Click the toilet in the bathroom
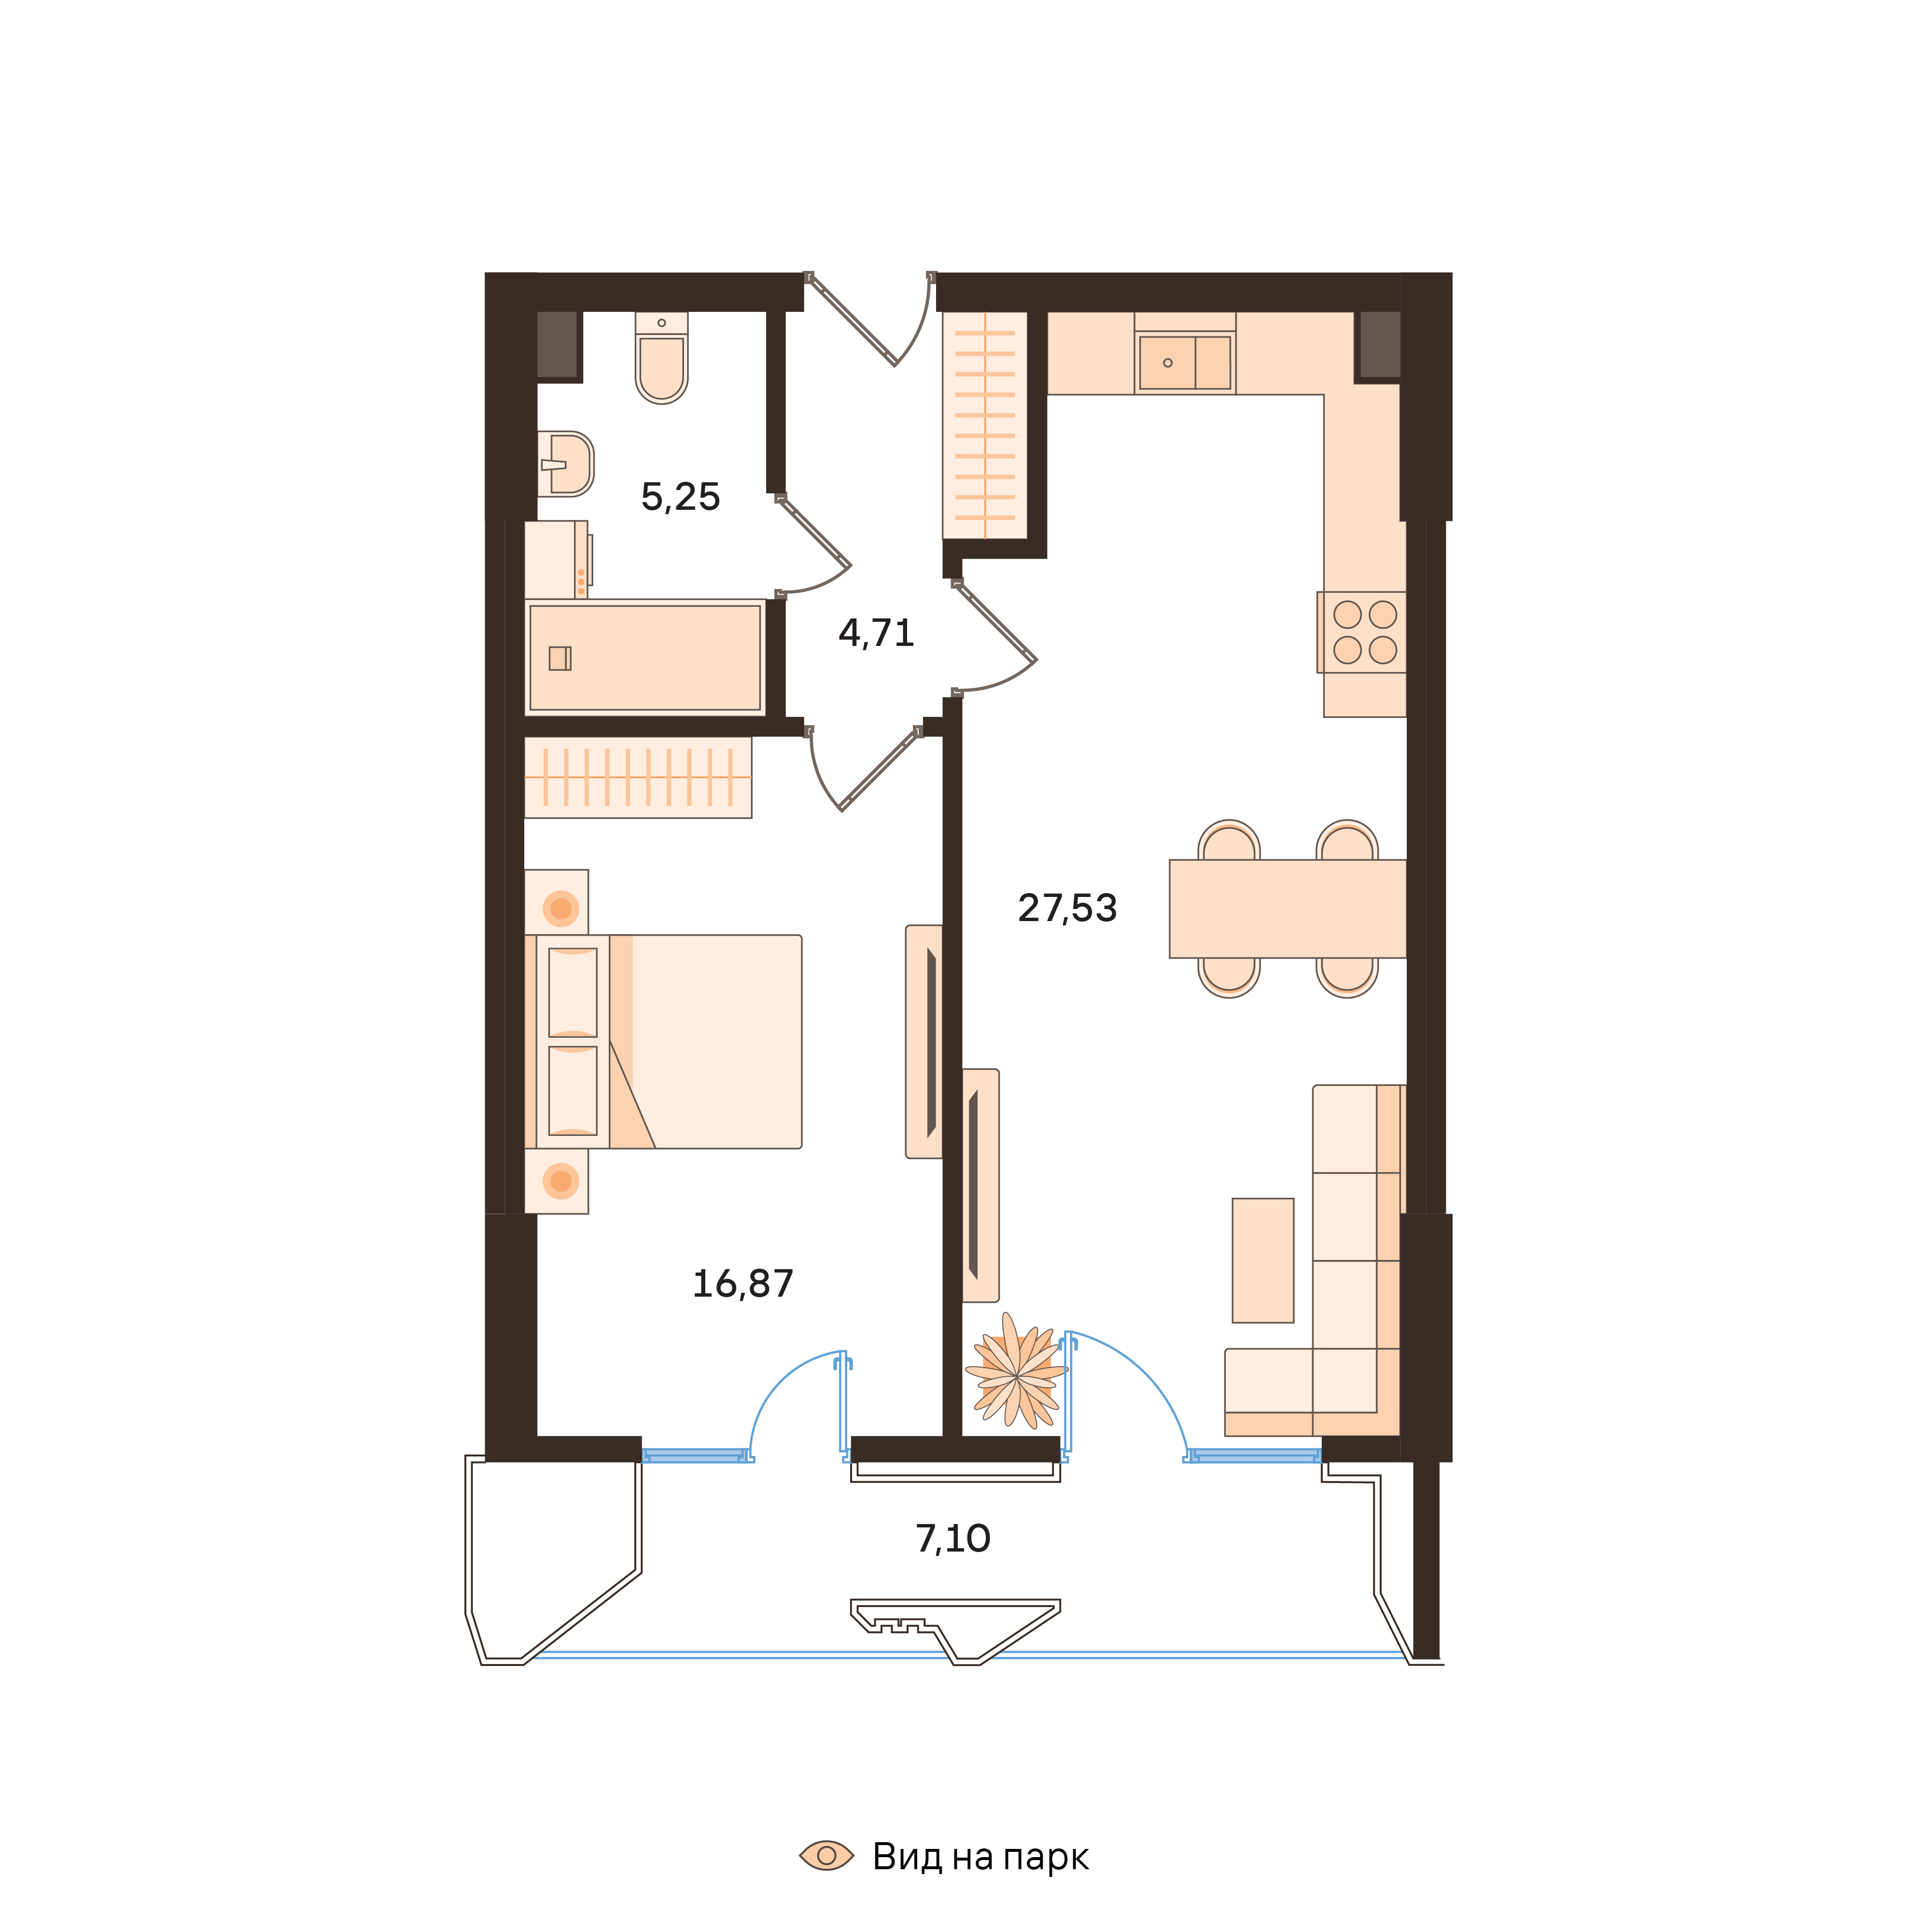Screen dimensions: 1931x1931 (662, 362)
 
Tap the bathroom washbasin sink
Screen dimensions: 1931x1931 (567, 464)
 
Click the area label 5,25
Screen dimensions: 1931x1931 (680, 497)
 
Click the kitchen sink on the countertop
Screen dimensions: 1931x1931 (1184, 362)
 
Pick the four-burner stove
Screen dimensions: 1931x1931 (1363, 631)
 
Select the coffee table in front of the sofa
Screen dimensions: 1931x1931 (1262, 1260)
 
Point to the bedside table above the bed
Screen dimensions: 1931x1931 (557, 903)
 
